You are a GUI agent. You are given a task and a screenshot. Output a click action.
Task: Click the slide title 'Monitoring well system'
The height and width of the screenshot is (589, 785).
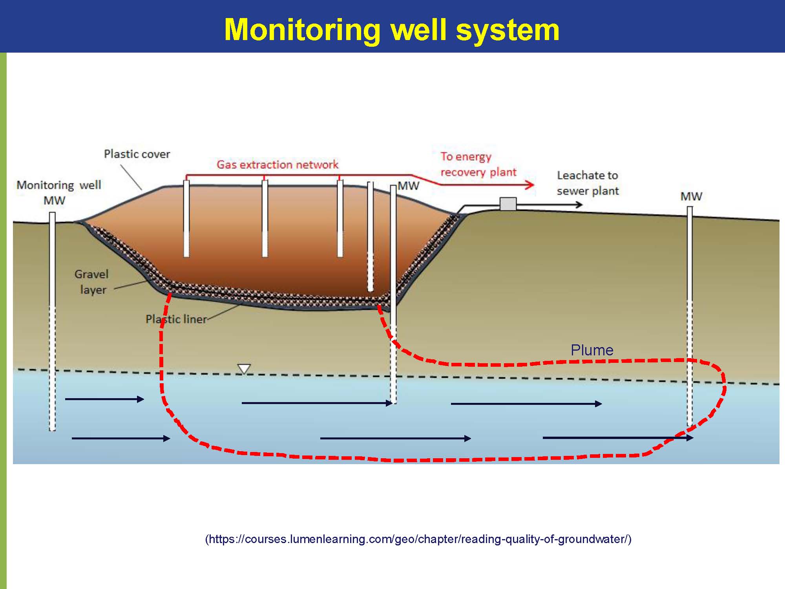[x=392, y=29]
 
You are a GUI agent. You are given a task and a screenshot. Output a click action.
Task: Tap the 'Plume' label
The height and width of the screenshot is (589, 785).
[x=592, y=350]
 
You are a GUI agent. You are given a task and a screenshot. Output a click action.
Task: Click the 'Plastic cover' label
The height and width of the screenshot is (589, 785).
[x=137, y=154]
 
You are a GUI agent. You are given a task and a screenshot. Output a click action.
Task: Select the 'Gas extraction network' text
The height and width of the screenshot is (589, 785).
[x=277, y=165]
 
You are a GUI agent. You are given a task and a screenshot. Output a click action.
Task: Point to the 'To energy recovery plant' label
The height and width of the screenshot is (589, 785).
[x=478, y=165]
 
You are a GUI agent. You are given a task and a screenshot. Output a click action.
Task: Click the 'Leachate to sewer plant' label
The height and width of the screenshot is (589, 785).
[x=588, y=183]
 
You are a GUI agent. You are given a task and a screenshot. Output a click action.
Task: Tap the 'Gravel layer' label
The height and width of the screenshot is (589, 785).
[x=91, y=282]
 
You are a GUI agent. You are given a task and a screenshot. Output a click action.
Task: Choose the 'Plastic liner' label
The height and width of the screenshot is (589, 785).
[x=176, y=319]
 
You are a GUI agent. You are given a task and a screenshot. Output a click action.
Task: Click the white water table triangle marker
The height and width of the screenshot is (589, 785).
[x=244, y=369]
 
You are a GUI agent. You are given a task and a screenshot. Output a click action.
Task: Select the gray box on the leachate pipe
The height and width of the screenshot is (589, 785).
[x=508, y=204]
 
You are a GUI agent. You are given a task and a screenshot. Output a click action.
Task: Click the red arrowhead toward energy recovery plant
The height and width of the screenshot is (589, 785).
[x=530, y=184]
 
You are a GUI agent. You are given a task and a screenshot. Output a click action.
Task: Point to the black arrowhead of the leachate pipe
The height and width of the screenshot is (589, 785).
[x=579, y=204]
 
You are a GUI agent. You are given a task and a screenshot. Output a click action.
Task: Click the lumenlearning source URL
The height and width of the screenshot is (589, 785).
[x=418, y=539]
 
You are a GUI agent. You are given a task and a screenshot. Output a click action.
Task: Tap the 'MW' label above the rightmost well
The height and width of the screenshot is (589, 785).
[x=691, y=196]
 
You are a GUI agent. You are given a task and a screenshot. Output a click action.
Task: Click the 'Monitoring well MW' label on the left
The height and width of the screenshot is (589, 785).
[x=59, y=192]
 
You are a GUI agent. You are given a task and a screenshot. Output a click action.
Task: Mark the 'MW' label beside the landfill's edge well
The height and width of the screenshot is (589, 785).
[x=408, y=186]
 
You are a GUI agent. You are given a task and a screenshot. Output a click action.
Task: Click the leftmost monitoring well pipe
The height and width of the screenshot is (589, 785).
[x=52, y=321]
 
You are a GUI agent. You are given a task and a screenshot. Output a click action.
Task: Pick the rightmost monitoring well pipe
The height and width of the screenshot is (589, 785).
[x=690, y=316]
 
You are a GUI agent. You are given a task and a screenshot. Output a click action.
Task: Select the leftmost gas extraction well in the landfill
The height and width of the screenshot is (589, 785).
[x=186, y=218]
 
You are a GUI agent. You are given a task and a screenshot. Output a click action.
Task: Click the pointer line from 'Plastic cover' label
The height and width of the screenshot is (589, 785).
[x=131, y=177]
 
